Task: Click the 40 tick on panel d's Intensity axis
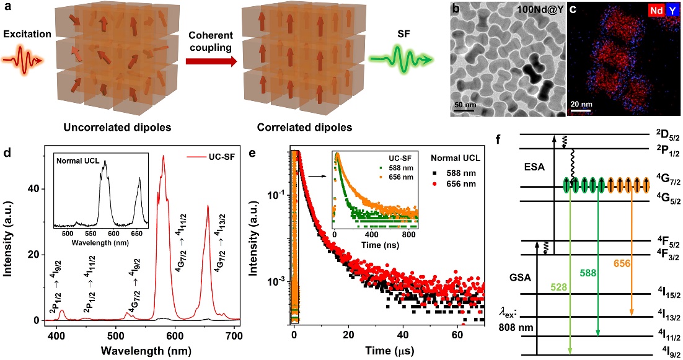click(x=35, y=188)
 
